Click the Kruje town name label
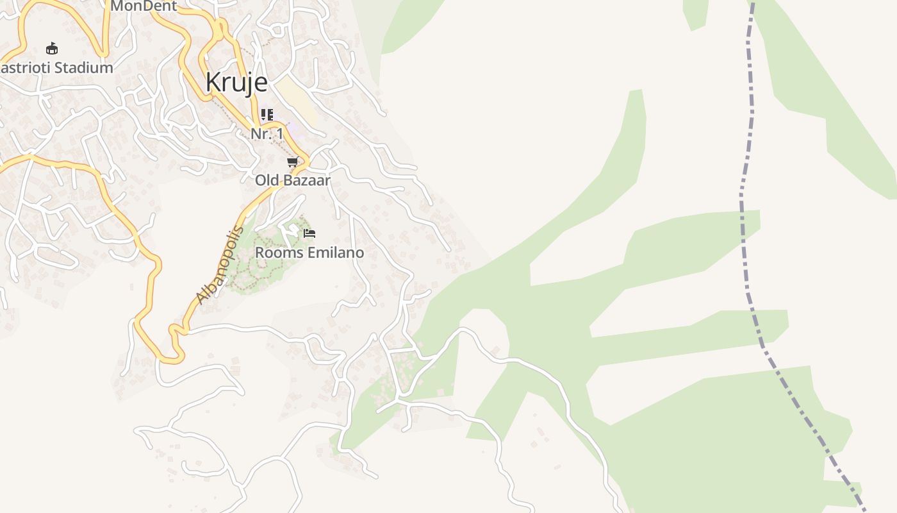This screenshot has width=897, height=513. (x=236, y=83)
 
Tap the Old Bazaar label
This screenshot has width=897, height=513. (x=293, y=180)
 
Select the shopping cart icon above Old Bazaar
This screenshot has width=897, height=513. (x=293, y=162)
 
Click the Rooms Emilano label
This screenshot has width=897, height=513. (x=309, y=253)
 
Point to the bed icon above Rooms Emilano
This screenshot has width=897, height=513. (x=309, y=233)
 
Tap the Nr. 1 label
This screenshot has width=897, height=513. (x=267, y=134)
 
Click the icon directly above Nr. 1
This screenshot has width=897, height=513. (x=267, y=115)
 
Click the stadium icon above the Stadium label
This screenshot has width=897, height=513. (x=52, y=48)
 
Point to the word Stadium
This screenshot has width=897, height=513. (x=84, y=67)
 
